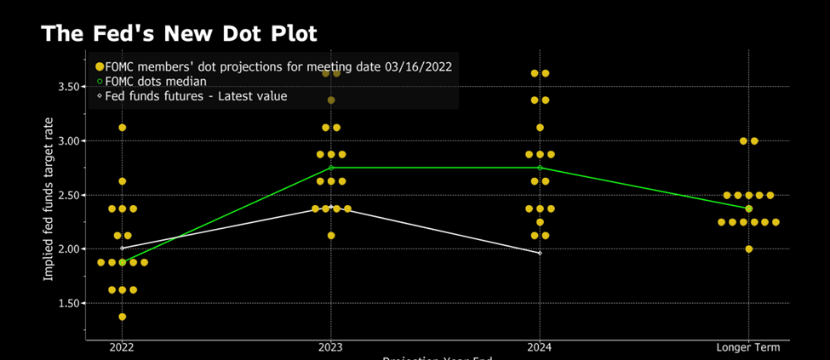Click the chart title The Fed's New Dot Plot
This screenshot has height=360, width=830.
179,34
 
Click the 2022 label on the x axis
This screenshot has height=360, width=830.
122,347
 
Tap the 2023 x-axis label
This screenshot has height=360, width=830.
331,347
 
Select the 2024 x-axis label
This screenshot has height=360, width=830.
540,347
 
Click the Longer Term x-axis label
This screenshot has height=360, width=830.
748,347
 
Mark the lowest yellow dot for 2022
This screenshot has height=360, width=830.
123,317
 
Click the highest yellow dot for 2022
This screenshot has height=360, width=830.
123,128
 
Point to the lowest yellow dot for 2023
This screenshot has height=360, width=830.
331,236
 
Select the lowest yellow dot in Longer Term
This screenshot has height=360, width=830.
749,249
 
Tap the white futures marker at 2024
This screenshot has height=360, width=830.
540,253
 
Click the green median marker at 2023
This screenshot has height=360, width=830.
331,168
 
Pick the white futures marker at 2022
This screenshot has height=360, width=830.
123,248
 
